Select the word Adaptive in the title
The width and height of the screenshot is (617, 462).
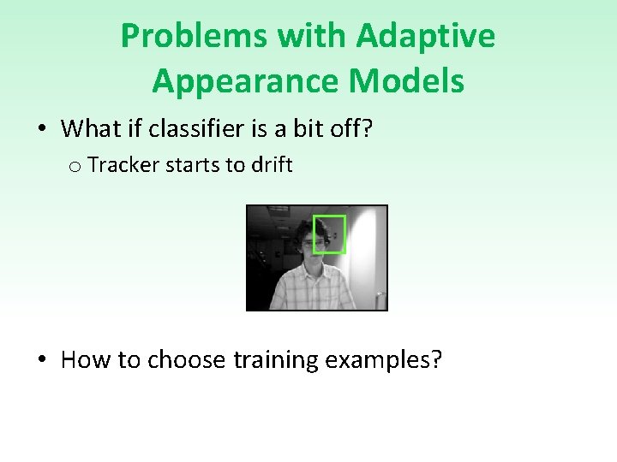tap(425, 36)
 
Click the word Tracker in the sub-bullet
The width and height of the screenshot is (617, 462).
tap(118, 164)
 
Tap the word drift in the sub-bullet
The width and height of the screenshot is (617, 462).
tap(272, 164)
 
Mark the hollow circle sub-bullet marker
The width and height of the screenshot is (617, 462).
tap(76, 166)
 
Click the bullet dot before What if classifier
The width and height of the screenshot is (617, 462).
tap(41, 130)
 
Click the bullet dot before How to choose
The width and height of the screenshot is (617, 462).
tap(41, 360)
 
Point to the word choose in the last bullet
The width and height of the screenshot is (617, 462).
tap(186, 360)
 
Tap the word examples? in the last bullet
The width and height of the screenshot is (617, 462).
tap(382, 360)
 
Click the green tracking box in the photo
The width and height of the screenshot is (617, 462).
tap(329, 234)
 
